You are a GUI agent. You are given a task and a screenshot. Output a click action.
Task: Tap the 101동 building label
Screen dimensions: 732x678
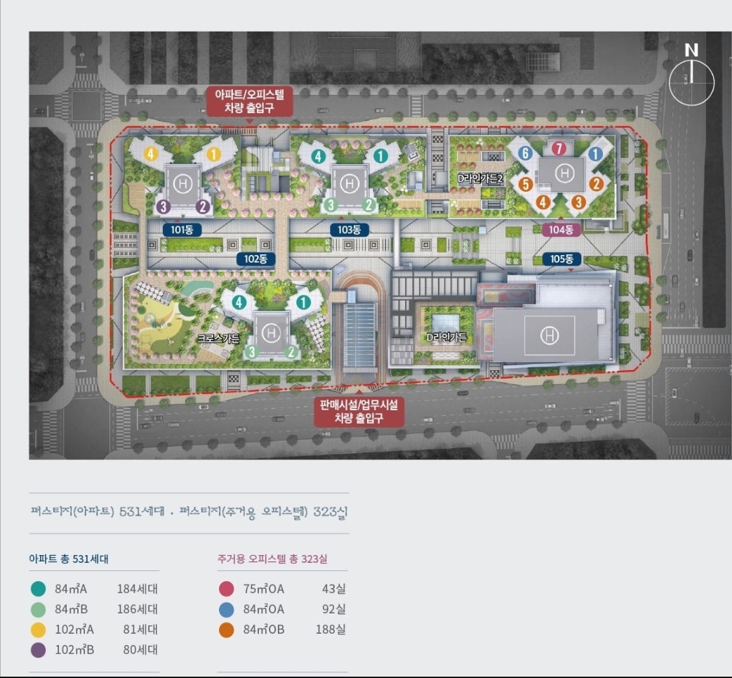pos(182,229)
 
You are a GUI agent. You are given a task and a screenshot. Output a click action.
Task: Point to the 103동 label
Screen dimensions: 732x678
pos(349,229)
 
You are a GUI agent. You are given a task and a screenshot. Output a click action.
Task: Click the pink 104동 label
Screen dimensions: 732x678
pos(561,229)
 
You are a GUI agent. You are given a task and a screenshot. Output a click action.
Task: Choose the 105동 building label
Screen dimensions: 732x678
pos(562,259)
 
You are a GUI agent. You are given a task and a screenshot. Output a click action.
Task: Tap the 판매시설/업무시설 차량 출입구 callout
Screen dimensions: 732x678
pos(359,411)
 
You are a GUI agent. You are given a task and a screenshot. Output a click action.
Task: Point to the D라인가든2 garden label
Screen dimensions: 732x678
pos(481,178)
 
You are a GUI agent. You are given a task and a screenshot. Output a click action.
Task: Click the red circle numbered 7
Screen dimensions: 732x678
pos(558,148)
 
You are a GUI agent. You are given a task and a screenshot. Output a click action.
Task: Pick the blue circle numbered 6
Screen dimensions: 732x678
pos(524,153)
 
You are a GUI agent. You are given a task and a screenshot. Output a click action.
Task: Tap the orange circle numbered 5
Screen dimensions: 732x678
pos(524,184)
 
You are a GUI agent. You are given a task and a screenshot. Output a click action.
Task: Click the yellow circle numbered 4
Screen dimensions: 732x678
pos(149,153)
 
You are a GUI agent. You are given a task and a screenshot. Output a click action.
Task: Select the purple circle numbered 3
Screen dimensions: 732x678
pos(163,206)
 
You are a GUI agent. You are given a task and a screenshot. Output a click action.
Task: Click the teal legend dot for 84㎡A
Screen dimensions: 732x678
pos(39,589)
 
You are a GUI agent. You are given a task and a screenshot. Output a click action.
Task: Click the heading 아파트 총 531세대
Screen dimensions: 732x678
pos(69,559)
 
